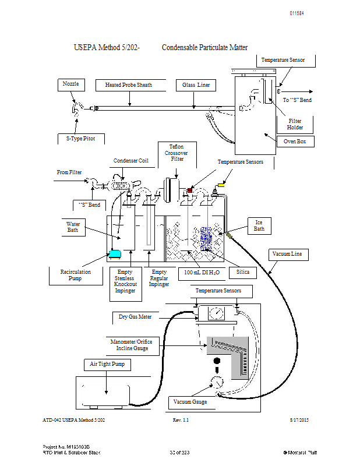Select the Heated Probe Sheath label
129,85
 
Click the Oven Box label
295,141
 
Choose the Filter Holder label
295,124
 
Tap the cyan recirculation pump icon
115,253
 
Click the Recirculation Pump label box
75,275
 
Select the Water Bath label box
73,227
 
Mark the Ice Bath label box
259,225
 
